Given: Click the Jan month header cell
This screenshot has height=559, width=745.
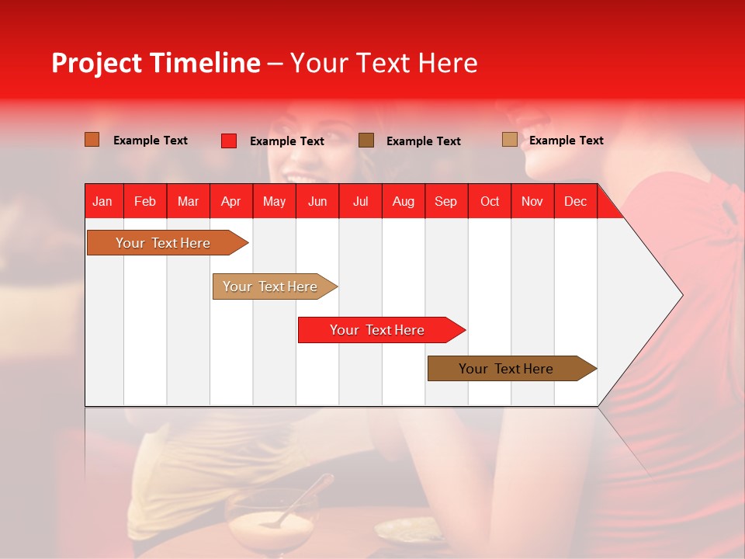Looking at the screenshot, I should click(102, 202).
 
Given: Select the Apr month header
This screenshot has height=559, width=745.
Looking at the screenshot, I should click(230, 202).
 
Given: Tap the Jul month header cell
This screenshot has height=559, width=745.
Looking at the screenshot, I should click(360, 202).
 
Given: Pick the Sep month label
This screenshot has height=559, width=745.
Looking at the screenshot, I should click(445, 202).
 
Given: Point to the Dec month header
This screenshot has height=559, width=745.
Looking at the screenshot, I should click(575, 202).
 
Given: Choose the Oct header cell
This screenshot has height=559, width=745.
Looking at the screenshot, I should click(489, 202).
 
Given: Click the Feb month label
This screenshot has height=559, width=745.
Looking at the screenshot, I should click(145, 202).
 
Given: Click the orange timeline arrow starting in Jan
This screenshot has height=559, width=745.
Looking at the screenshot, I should click(163, 243).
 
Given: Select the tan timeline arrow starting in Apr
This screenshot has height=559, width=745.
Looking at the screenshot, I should click(270, 286).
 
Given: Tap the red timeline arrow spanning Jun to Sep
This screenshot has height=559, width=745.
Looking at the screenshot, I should click(377, 330).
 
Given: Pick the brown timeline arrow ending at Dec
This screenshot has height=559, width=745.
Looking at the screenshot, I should click(506, 369).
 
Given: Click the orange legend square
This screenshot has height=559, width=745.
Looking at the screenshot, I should click(92, 140).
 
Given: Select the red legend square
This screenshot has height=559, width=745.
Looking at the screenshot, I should click(229, 141).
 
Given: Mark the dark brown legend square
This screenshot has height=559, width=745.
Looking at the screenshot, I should click(366, 141).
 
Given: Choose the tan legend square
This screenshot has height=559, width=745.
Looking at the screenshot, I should click(509, 140).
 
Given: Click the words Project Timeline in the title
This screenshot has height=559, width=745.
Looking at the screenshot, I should click(155, 63).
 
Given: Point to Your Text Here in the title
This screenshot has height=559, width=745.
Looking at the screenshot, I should click(383, 63).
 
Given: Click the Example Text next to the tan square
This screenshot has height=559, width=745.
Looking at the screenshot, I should click(566, 141).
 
